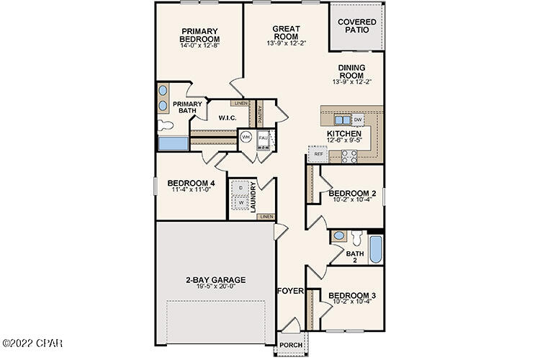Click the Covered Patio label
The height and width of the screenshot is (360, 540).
tap(357, 27)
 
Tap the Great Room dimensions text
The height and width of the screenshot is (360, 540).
tap(286, 43)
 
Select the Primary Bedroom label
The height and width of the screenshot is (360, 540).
tap(199, 35)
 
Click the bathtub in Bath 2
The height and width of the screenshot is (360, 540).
tap(375, 249)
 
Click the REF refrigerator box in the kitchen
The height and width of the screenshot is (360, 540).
tap(318, 153)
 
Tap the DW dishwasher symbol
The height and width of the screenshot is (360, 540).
tap(358, 120)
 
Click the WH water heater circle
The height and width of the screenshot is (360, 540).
tap(246, 137)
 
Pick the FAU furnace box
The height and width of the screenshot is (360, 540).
tap(264, 137)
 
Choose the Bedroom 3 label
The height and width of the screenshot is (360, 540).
tap(352, 296)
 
